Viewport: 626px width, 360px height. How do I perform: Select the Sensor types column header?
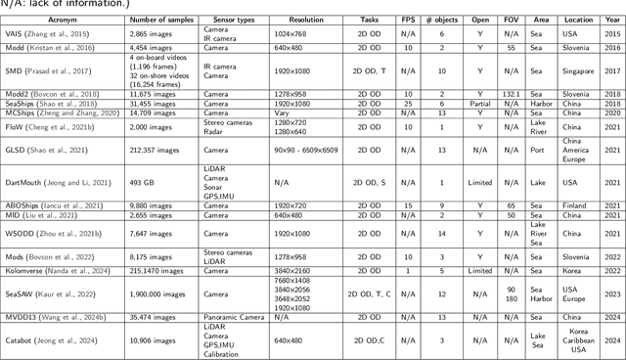tap(227, 18)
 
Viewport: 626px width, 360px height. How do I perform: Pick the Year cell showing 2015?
tap(612, 33)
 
